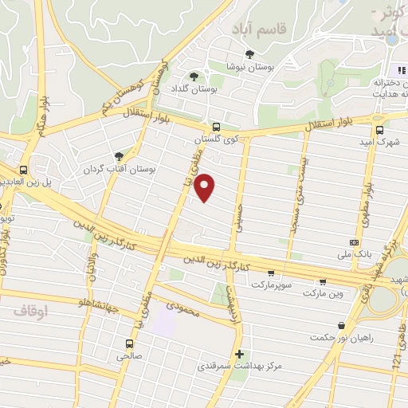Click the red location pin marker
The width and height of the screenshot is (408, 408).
(x=206, y=186)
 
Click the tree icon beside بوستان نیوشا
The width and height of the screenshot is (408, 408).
(x=250, y=55)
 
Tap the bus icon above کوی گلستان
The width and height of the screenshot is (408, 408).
(x=216, y=126)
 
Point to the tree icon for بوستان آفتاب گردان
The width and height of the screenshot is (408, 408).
(x=119, y=156)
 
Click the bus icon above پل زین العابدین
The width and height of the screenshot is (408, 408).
(x=24, y=170)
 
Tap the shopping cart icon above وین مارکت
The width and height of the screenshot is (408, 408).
(x=323, y=280)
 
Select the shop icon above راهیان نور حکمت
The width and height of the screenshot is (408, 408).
(x=342, y=324)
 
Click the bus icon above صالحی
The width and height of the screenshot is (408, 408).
(x=127, y=343)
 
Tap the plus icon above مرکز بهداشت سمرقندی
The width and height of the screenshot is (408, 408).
(x=238, y=353)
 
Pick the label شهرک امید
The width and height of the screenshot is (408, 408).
(x=380, y=142)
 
